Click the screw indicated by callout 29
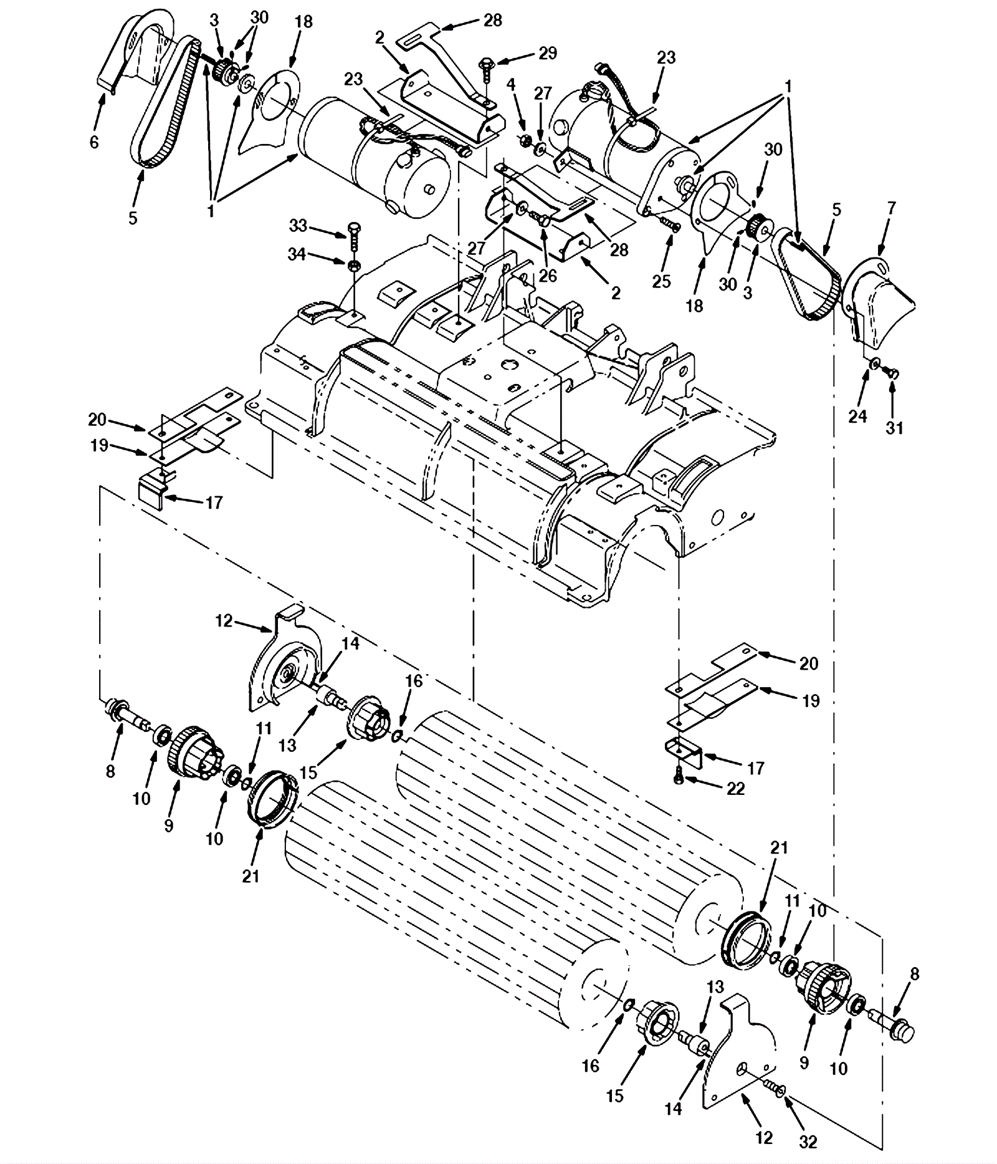(x=485, y=71)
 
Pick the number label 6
(x=93, y=143)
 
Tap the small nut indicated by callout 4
(x=525, y=138)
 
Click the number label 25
(x=661, y=281)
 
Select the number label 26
(x=547, y=275)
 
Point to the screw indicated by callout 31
(x=892, y=373)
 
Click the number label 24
(x=857, y=415)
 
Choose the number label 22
(x=735, y=789)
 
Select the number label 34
(x=297, y=254)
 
